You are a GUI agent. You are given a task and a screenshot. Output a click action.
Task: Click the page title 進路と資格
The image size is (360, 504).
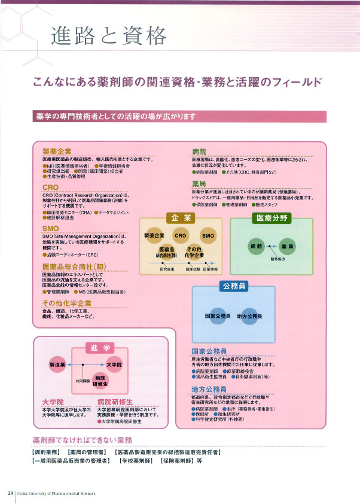[108, 37]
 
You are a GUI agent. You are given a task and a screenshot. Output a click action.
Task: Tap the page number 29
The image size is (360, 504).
[11, 493]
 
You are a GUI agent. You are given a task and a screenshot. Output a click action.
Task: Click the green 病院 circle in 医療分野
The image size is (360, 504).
[257, 247]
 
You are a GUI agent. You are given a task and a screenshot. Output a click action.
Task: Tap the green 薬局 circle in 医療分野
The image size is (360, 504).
[288, 247]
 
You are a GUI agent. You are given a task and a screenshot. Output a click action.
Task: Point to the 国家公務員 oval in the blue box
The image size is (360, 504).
[218, 315]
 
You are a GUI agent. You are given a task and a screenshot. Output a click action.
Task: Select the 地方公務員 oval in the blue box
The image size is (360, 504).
[250, 315]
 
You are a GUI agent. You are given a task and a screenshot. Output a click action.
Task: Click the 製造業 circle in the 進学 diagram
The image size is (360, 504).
[57, 364]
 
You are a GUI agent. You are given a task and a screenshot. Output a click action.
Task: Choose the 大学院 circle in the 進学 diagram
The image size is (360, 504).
[114, 364]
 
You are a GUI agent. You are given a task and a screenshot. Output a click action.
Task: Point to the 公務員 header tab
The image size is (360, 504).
[234, 287]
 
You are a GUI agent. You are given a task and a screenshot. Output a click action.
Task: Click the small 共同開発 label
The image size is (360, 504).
[83, 379]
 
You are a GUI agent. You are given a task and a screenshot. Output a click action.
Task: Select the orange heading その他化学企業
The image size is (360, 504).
[66, 303]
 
